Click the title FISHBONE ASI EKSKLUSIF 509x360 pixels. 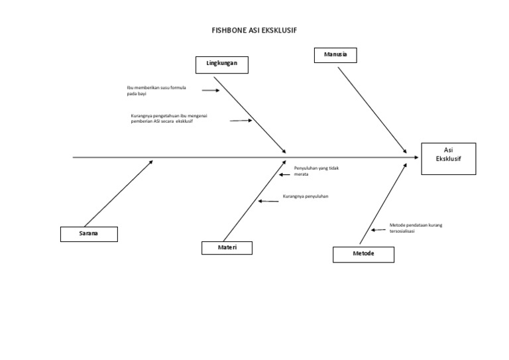pyautogui.click(x=254, y=30)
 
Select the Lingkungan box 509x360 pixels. pyautogui.click(x=222, y=64)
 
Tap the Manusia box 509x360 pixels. pyautogui.click(x=335, y=54)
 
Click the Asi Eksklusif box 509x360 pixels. pyautogui.click(x=448, y=158)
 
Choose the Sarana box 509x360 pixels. pyautogui.click(x=89, y=234)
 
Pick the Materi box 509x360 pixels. pyautogui.click(x=227, y=248)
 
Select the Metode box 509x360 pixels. pyautogui.click(x=363, y=254)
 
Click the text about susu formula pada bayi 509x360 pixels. pyautogui.click(x=156, y=91)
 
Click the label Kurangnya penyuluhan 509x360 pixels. pyautogui.click(x=306, y=197)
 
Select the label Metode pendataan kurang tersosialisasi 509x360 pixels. pyautogui.click(x=416, y=228)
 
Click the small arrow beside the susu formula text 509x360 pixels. pyautogui.click(x=210, y=90)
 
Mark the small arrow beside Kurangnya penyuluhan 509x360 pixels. pyautogui.click(x=268, y=201)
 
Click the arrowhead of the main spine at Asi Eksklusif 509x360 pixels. pyautogui.click(x=416, y=158)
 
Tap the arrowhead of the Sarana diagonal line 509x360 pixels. pyautogui.click(x=151, y=161)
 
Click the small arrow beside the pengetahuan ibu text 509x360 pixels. pyautogui.click(x=241, y=121)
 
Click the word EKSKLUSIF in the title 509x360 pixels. pyautogui.click(x=279, y=30)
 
